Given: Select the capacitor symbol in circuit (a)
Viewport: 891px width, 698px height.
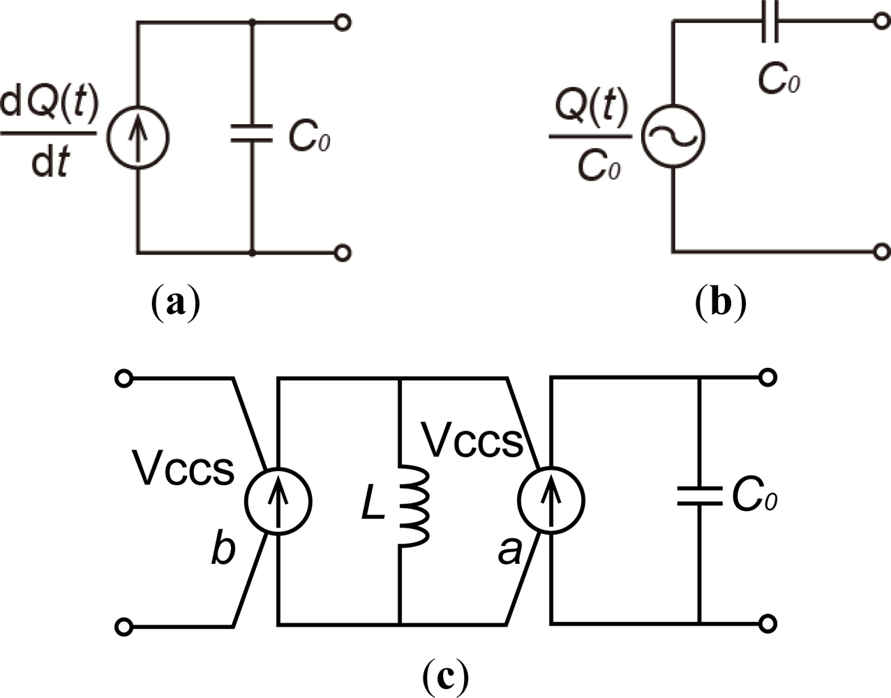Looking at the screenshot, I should coord(252,135).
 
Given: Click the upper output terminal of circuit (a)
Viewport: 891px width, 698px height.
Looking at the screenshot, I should coord(341,23).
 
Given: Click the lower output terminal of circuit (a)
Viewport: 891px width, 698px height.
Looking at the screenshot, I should coord(341,253).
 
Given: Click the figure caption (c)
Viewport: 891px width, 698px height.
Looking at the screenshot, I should coord(445,675).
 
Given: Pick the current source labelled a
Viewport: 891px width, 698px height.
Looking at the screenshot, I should coord(551,500).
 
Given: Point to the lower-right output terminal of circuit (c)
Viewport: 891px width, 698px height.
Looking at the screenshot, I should coord(768,623).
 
